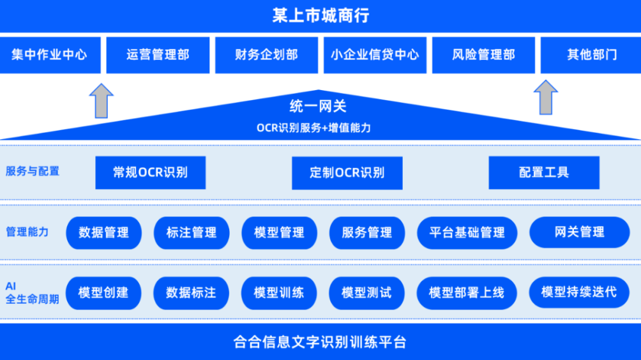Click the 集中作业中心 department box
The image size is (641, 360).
pyautogui.click(x=50, y=55)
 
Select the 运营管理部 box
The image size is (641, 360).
pyautogui.click(x=158, y=55)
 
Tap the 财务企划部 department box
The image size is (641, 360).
pyautogui.click(x=266, y=55)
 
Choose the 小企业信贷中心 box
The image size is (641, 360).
pyautogui.click(x=375, y=55)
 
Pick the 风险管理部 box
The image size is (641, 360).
pyautogui.click(x=483, y=55)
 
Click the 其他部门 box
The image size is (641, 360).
pyautogui.click(x=591, y=55)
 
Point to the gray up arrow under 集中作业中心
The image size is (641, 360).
pyautogui.click(x=102, y=101)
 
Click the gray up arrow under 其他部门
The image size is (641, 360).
pyautogui.click(x=546, y=97)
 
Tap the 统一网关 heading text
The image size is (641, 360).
pyautogui.click(x=318, y=106)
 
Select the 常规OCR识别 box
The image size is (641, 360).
pyautogui.click(x=151, y=172)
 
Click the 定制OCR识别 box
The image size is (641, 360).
pyautogui.click(x=347, y=173)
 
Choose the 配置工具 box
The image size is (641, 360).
pyautogui.click(x=544, y=172)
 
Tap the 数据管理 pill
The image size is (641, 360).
pyautogui.click(x=104, y=233)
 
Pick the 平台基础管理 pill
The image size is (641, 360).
pyautogui.click(x=467, y=233)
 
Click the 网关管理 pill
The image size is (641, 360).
pyautogui.click(x=579, y=232)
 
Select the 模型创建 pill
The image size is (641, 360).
pyautogui.click(x=103, y=293)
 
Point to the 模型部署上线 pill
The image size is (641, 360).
pyautogui.click(x=467, y=293)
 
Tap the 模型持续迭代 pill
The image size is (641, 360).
pyautogui.click(x=579, y=292)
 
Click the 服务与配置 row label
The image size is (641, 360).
pyautogui.click(x=33, y=171)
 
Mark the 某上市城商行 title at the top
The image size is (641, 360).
pyautogui.click(x=320, y=16)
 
